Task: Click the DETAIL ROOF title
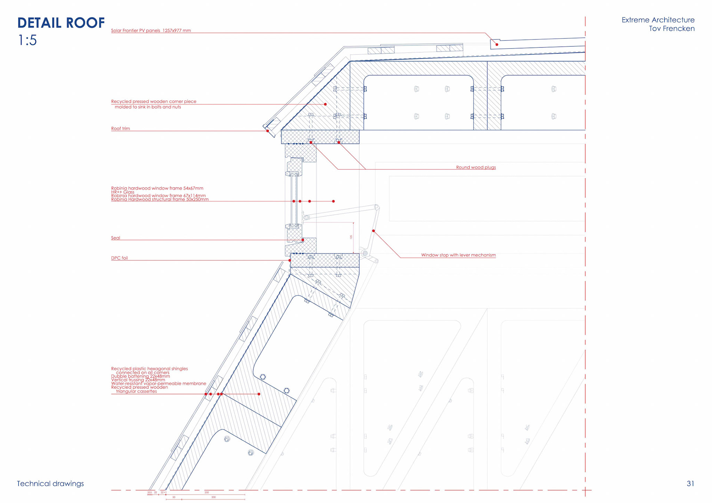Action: pos(61,23)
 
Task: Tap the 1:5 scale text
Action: pos(27,40)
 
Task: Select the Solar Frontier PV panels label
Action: pos(151,30)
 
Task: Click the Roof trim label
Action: pos(121,129)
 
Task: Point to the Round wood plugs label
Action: pos(476,167)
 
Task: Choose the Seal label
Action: pos(116,238)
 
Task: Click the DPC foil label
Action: pos(119,258)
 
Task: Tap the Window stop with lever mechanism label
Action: pos(458,255)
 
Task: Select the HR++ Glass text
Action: pos(123,192)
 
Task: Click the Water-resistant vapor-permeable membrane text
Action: pos(159,383)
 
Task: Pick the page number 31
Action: pos(690,483)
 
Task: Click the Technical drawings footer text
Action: pos(50,483)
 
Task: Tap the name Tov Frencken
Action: pos(672,29)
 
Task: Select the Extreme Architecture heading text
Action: pos(658,20)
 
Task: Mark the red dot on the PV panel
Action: pos(497,44)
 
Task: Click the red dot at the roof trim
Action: pos(268,131)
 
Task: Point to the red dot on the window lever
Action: pos(373,231)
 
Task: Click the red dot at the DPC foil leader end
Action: pos(290,260)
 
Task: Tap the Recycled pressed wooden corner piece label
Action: pos(154,101)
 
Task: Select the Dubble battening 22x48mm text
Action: pos(141,376)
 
